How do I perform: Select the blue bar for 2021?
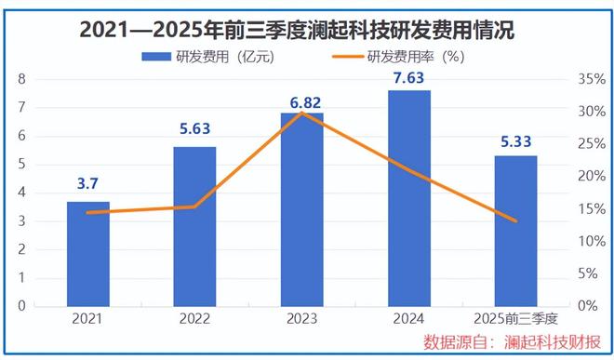pos(88,253)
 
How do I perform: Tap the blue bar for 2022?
pos(194,226)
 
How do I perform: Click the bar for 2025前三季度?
pos(514,230)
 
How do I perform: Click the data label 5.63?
pos(194,129)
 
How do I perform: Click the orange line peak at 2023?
pos(301,113)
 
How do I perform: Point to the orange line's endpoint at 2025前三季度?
pos(514,220)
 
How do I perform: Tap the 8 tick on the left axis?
pos(20,80)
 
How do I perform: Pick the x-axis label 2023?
pos(301,318)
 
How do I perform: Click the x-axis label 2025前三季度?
pos(514,318)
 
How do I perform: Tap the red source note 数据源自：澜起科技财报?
pos(511,340)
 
